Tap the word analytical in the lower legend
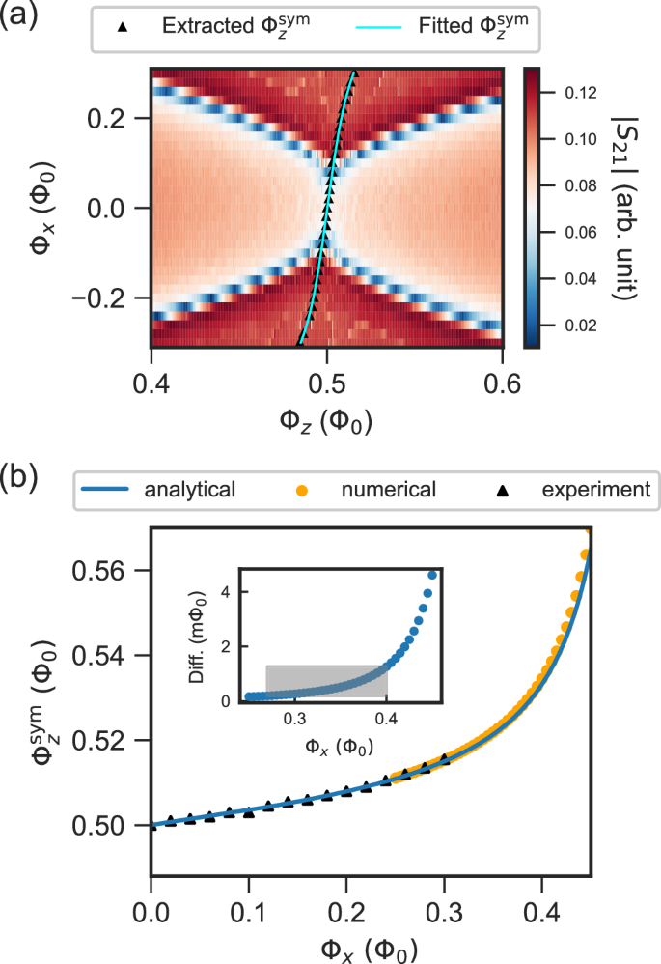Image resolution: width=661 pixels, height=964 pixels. point(189,490)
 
